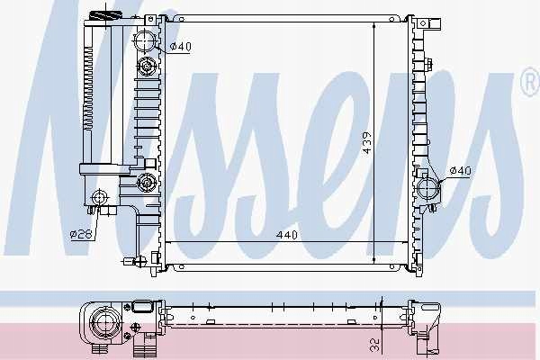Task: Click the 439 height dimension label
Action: pos(367,142)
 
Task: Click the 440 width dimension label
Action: pos(286,235)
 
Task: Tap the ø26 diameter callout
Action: pos(81,235)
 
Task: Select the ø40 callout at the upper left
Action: pos(181,46)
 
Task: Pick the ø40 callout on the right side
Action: pos(461,170)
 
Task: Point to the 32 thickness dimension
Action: pos(375,345)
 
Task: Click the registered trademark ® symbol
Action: pos(531,82)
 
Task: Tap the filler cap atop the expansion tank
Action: pos(105,15)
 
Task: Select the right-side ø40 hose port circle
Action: pos(428,189)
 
